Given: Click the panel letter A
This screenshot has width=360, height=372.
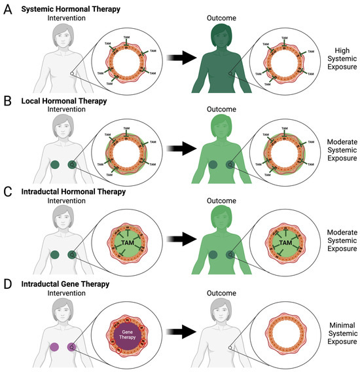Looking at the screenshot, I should pos(7,8).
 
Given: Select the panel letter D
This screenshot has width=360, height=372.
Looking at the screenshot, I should pos(7,284).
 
